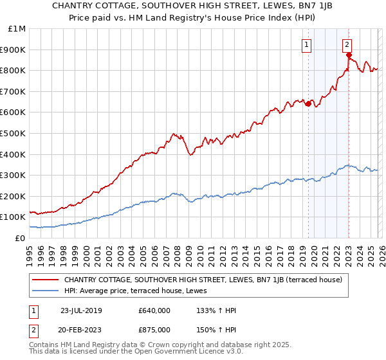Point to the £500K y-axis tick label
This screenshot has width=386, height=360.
tap(14, 133)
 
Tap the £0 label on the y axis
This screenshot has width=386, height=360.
tap(21, 238)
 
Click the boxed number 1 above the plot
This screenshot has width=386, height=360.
tap(307, 44)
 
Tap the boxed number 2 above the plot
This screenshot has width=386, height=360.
tap(347, 44)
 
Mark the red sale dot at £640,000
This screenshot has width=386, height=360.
tap(308, 104)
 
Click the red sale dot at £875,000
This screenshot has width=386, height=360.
tap(349, 55)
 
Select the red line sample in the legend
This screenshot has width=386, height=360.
tap(46, 280)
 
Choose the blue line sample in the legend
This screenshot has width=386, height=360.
tap(46, 291)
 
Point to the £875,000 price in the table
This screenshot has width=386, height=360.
tap(154, 330)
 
